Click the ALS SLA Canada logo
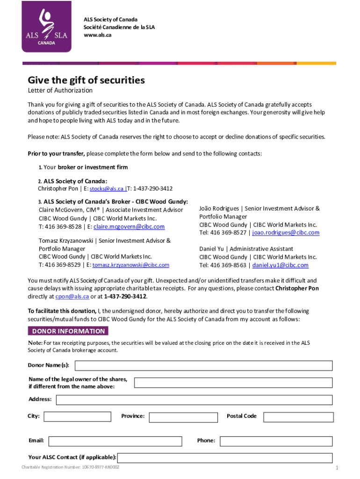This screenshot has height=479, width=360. (x=46, y=26)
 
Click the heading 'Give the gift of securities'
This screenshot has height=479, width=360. (x=86, y=80)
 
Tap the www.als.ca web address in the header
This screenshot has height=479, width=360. (x=97, y=35)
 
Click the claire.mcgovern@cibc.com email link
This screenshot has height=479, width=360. (x=129, y=227)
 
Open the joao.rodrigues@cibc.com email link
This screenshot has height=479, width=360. (x=286, y=232)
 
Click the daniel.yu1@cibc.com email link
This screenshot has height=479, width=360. (x=281, y=265)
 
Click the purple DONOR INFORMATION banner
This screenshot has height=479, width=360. (x=68, y=331)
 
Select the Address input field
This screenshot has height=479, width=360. (x=194, y=400)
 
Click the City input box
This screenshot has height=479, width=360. (x=77, y=416)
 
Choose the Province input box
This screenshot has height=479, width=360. (x=184, y=416)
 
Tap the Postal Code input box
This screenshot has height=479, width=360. (x=298, y=416)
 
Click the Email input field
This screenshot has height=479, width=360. (x=115, y=441)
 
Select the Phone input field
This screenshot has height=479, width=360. (x=276, y=441)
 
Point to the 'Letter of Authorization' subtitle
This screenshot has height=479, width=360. (x=60, y=90)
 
